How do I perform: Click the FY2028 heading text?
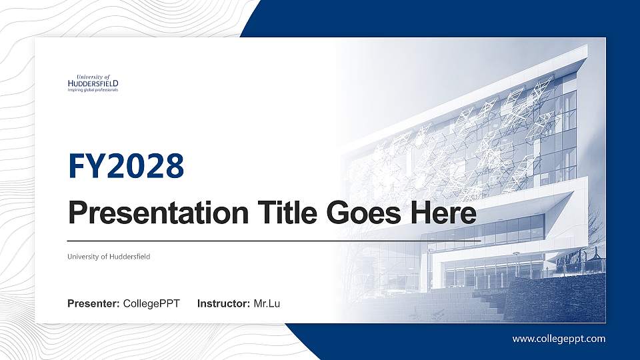click(x=126, y=166)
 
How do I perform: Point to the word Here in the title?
click(x=443, y=214)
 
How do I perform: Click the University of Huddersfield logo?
click(x=93, y=83)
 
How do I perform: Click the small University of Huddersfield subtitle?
click(x=108, y=256)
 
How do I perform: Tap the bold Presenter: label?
click(x=94, y=304)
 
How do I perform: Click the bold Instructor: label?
click(x=224, y=304)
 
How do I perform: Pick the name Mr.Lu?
click(x=267, y=304)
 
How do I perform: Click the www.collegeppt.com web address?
click(x=559, y=339)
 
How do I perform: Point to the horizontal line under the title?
click(x=273, y=239)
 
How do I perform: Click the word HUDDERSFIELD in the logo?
click(x=93, y=83)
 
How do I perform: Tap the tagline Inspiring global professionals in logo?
click(x=93, y=89)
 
